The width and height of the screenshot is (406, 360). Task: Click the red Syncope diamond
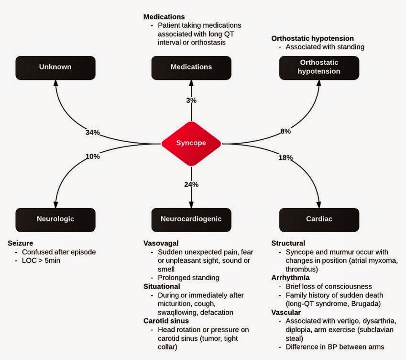tap(191, 143)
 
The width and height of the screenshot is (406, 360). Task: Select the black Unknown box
tap(55, 68)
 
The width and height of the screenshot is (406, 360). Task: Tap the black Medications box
tap(191, 68)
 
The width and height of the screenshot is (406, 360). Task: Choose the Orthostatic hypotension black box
tap(319, 68)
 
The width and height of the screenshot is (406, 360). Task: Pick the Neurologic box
tap(55, 220)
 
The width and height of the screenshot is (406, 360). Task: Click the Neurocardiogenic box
tap(191, 220)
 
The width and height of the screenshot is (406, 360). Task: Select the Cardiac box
tap(319, 220)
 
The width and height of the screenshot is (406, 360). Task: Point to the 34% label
tap(93, 133)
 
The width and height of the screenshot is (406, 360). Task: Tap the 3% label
tap(191, 101)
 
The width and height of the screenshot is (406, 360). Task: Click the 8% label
tap(285, 131)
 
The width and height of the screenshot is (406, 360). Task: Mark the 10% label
tap(93, 156)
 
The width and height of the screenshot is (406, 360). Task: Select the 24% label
tap(191, 184)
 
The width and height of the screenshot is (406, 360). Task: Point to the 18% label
tap(285, 157)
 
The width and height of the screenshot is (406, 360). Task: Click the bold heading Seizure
tap(21, 243)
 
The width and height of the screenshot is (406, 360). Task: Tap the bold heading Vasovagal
tap(161, 243)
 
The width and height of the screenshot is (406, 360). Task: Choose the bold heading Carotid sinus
tap(166, 321)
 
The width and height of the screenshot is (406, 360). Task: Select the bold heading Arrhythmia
tap(291, 278)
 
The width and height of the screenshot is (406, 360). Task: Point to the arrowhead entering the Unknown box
tap(55, 82)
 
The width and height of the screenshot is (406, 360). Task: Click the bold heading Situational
tap(162, 286)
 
